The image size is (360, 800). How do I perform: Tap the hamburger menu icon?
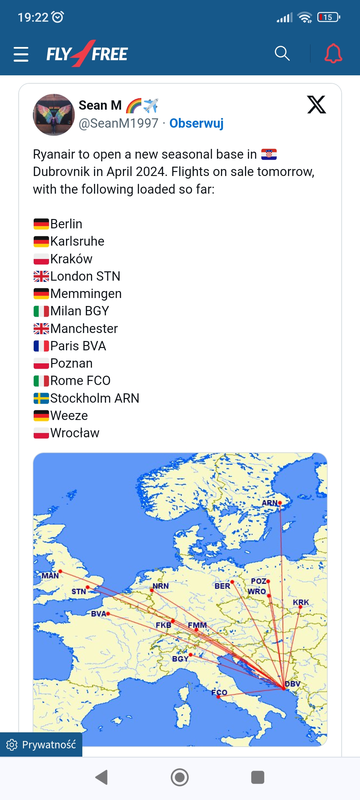[x=21, y=54]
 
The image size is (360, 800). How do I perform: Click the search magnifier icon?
[x=282, y=53]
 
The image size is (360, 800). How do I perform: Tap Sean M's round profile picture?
[x=54, y=115]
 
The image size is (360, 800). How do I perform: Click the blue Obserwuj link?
[x=196, y=123]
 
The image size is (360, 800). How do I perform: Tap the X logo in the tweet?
[x=316, y=105]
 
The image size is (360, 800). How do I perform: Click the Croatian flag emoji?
[x=269, y=154]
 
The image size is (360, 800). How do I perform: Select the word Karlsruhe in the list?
[x=77, y=241]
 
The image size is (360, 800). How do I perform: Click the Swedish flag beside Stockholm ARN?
[x=41, y=398]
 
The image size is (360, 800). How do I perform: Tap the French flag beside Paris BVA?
[x=41, y=346]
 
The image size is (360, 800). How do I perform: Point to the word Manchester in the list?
[x=84, y=329]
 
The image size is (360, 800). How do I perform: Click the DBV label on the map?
[x=293, y=684]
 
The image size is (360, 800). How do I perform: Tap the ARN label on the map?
[x=269, y=503]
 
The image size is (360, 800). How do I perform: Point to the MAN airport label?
[x=50, y=576]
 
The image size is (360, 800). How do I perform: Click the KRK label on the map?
[x=301, y=602]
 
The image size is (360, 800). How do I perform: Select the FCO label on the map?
[x=219, y=692]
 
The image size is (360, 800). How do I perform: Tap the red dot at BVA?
[x=108, y=614]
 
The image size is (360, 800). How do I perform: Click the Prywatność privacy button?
[x=41, y=745]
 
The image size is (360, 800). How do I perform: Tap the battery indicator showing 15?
[x=329, y=17]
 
